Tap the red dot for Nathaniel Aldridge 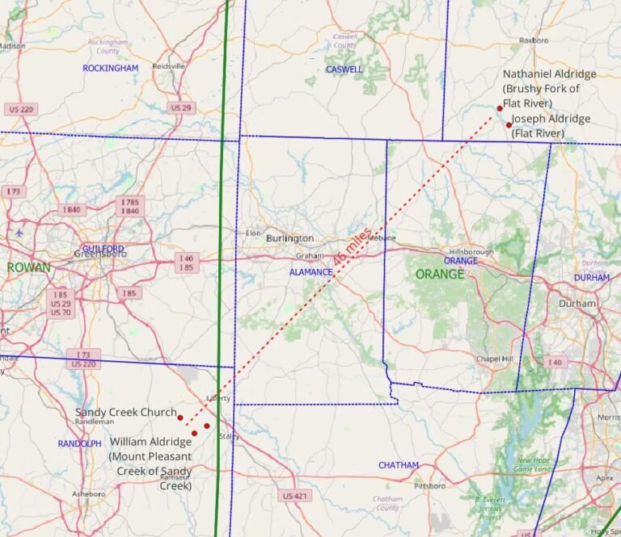(500, 108)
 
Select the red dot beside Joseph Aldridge (509, 125)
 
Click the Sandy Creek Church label (125, 413)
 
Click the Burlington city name (289, 238)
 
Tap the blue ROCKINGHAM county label (111, 69)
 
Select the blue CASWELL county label (344, 69)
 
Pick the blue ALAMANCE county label (310, 272)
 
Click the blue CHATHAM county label (399, 465)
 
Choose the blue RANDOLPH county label (79, 444)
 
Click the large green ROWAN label (29, 267)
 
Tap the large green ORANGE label (440, 275)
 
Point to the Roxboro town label (534, 40)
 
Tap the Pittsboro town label (430, 486)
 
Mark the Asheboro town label (89, 493)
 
